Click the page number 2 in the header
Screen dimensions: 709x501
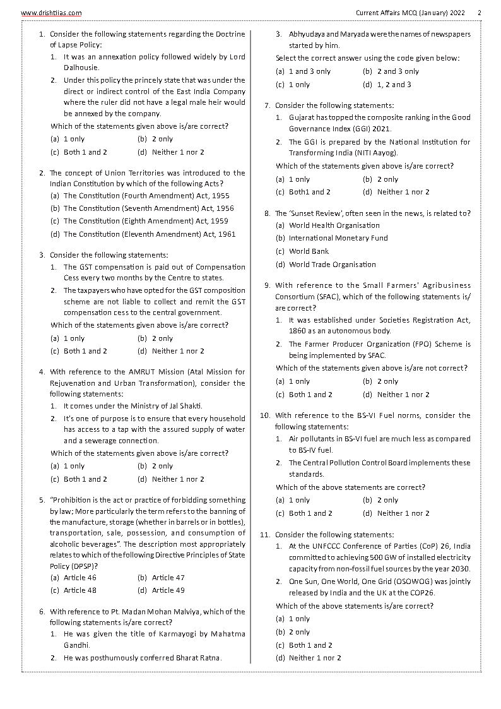[x=480, y=13]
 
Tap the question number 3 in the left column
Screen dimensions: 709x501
[x=42, y=255]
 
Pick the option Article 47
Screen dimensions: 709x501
[x=168, y=578]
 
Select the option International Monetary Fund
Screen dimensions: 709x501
[x=338, y=238]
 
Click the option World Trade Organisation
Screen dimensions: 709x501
[x=332, y=265]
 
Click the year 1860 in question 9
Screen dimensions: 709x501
[x=298, y=331]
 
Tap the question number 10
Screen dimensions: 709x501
[x=266, y=415]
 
